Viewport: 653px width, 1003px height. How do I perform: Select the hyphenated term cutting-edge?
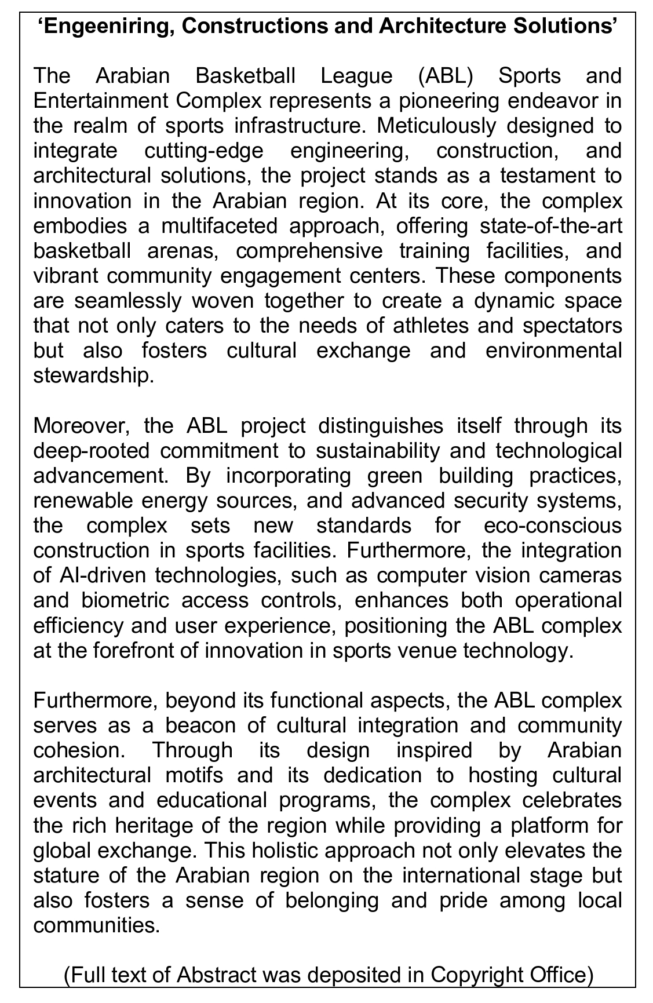point(203,151)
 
